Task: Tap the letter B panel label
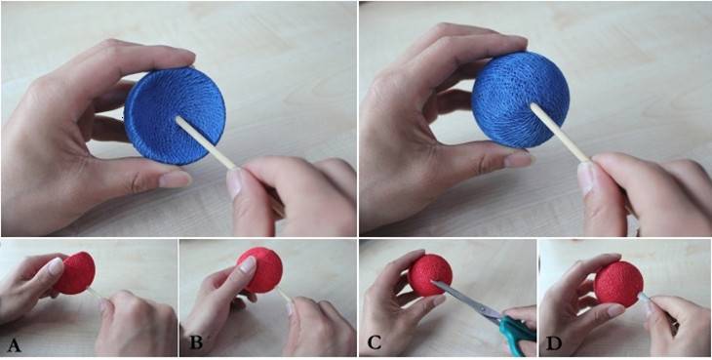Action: pyautogui.click(x=196, y=342)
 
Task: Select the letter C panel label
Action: pyautogui.click(x=374, y=343)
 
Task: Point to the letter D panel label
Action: pyautogui.click(x=554, y=342)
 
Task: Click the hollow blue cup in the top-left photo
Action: pyautogui.click(x=175, y=116)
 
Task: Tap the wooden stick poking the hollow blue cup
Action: pyautogui.click(x=207, y=143)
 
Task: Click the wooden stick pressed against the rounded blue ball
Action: pyautogui.click(x=561, y=133)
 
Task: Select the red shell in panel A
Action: pyautogui.click(x=76, y=273)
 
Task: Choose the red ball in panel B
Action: pyautogui.click(x=260, y=270)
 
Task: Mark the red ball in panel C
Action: pyautogui.click(x=430, y=275)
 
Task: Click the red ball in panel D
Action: pyautogui.click(x=619, y=284)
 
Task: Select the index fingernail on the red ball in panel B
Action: pyautogui.click(x=249, y=264)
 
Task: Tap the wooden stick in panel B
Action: pyautogui.click(x=284, y=296)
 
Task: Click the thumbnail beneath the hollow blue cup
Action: pyautogui.click(x=175, y=180)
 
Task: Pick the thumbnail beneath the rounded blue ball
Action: pyautogui.click(x=518, y=159)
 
